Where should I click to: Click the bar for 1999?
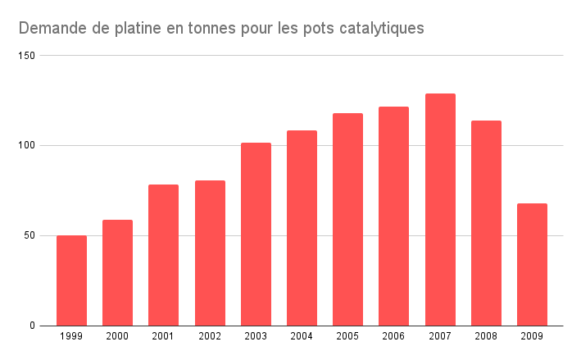click(71, 280)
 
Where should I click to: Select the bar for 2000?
click(117, 272)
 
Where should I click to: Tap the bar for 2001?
click(163, 255)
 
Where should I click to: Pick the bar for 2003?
click(256, 235)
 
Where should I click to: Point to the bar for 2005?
click(347, 220)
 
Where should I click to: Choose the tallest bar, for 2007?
click(440, 210)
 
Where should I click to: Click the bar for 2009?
click(532, 264)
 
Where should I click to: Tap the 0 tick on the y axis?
click(34, 326)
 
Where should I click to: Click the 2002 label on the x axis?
click(209, 337)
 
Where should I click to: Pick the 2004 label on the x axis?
click(302, 337)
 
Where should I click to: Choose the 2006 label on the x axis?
click(393, 337)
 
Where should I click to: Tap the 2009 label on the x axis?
click(532, 337)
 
